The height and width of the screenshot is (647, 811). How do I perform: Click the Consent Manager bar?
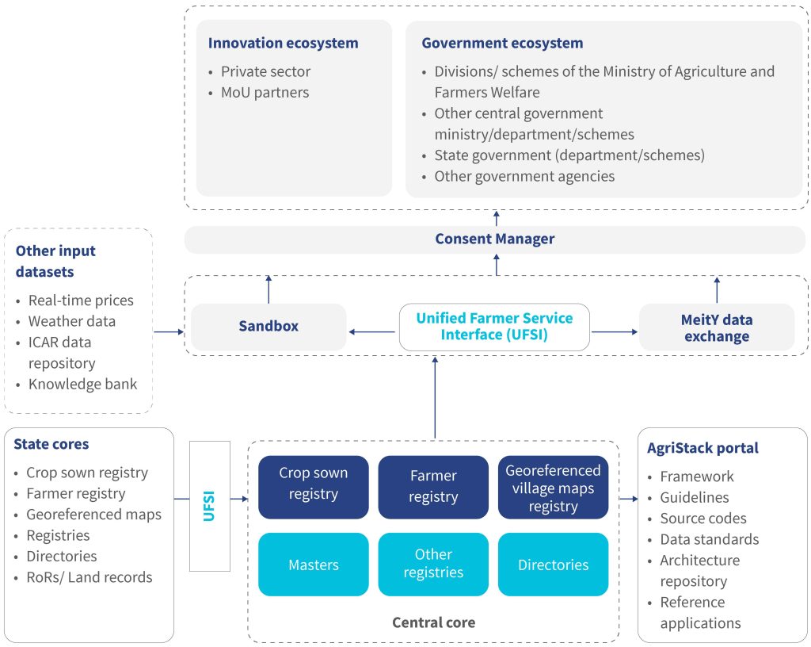[x=495, y=239]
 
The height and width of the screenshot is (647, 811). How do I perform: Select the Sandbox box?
[x=268, y=327]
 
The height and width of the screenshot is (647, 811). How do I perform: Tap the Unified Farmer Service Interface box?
[x=494, y=327]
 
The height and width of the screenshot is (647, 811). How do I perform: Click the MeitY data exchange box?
[x=716, y=327]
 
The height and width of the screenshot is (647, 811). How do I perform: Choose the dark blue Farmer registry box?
[x=433, y=487]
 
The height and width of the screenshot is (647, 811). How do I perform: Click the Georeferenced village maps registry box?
[x=553, y=487]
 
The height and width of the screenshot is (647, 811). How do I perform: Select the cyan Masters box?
[x=313, y=565]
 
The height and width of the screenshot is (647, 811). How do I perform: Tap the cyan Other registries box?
[x=433, y=565]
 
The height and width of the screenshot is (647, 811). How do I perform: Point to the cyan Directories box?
[x=553, y=565]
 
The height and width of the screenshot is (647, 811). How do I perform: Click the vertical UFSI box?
[x=210, y=506]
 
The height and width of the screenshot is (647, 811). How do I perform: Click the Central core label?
[x=433, y=622]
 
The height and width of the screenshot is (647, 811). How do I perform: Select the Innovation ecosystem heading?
[x=283, y=43]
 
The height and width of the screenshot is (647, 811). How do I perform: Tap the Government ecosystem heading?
[x=502, y=43]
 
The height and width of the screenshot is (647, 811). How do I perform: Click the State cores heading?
[x=51, y=444]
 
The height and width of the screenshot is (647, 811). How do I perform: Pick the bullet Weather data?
[x=72, y=321]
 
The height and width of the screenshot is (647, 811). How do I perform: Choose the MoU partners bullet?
[x=265, y=92]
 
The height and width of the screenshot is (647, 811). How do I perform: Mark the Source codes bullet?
[x=703, y=519]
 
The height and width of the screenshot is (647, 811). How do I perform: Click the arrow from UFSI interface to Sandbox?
[x=372, y=332]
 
